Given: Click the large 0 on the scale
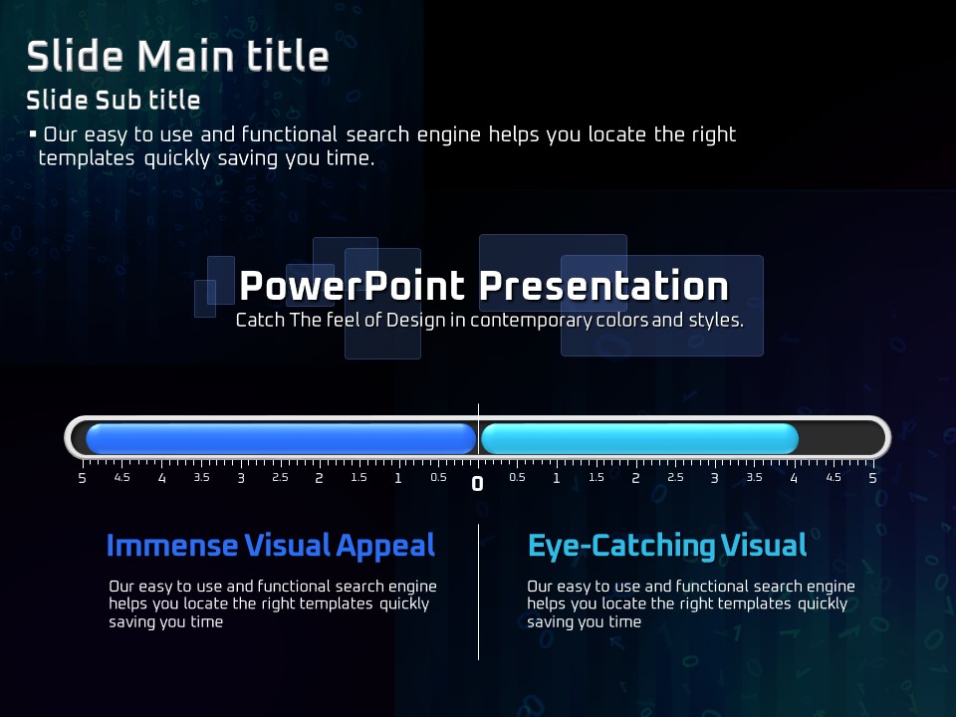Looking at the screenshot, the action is click(x=477, y=484).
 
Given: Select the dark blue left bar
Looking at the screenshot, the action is click(x=281, y=439).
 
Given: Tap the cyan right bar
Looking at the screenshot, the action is click(x=639, y=439).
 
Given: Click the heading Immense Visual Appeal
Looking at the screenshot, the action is click(x=271, y=546).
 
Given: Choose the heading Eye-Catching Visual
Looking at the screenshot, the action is click(x=667, y=546).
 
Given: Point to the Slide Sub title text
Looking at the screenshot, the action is click(x=114, y=100).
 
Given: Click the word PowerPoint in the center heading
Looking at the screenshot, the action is click(x=353, y=286).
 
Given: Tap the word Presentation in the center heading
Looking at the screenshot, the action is click(x=603, y=286).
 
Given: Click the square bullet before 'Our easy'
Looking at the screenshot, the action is click(x=33, y=133).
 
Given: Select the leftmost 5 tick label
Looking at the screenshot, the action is click(x=83, y=479).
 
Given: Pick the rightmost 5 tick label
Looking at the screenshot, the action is click(x=872, y=479).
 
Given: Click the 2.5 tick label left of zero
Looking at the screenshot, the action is click(x=280, y=477).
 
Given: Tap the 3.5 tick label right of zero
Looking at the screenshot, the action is click(x=754, y=477).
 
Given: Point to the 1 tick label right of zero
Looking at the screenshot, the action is click(x=556, y=479).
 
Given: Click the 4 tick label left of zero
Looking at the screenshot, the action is click(x=161, y=479).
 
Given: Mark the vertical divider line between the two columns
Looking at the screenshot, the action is click(x=479, y=592).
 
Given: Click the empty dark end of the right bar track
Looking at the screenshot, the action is click(x=840, y=439).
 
